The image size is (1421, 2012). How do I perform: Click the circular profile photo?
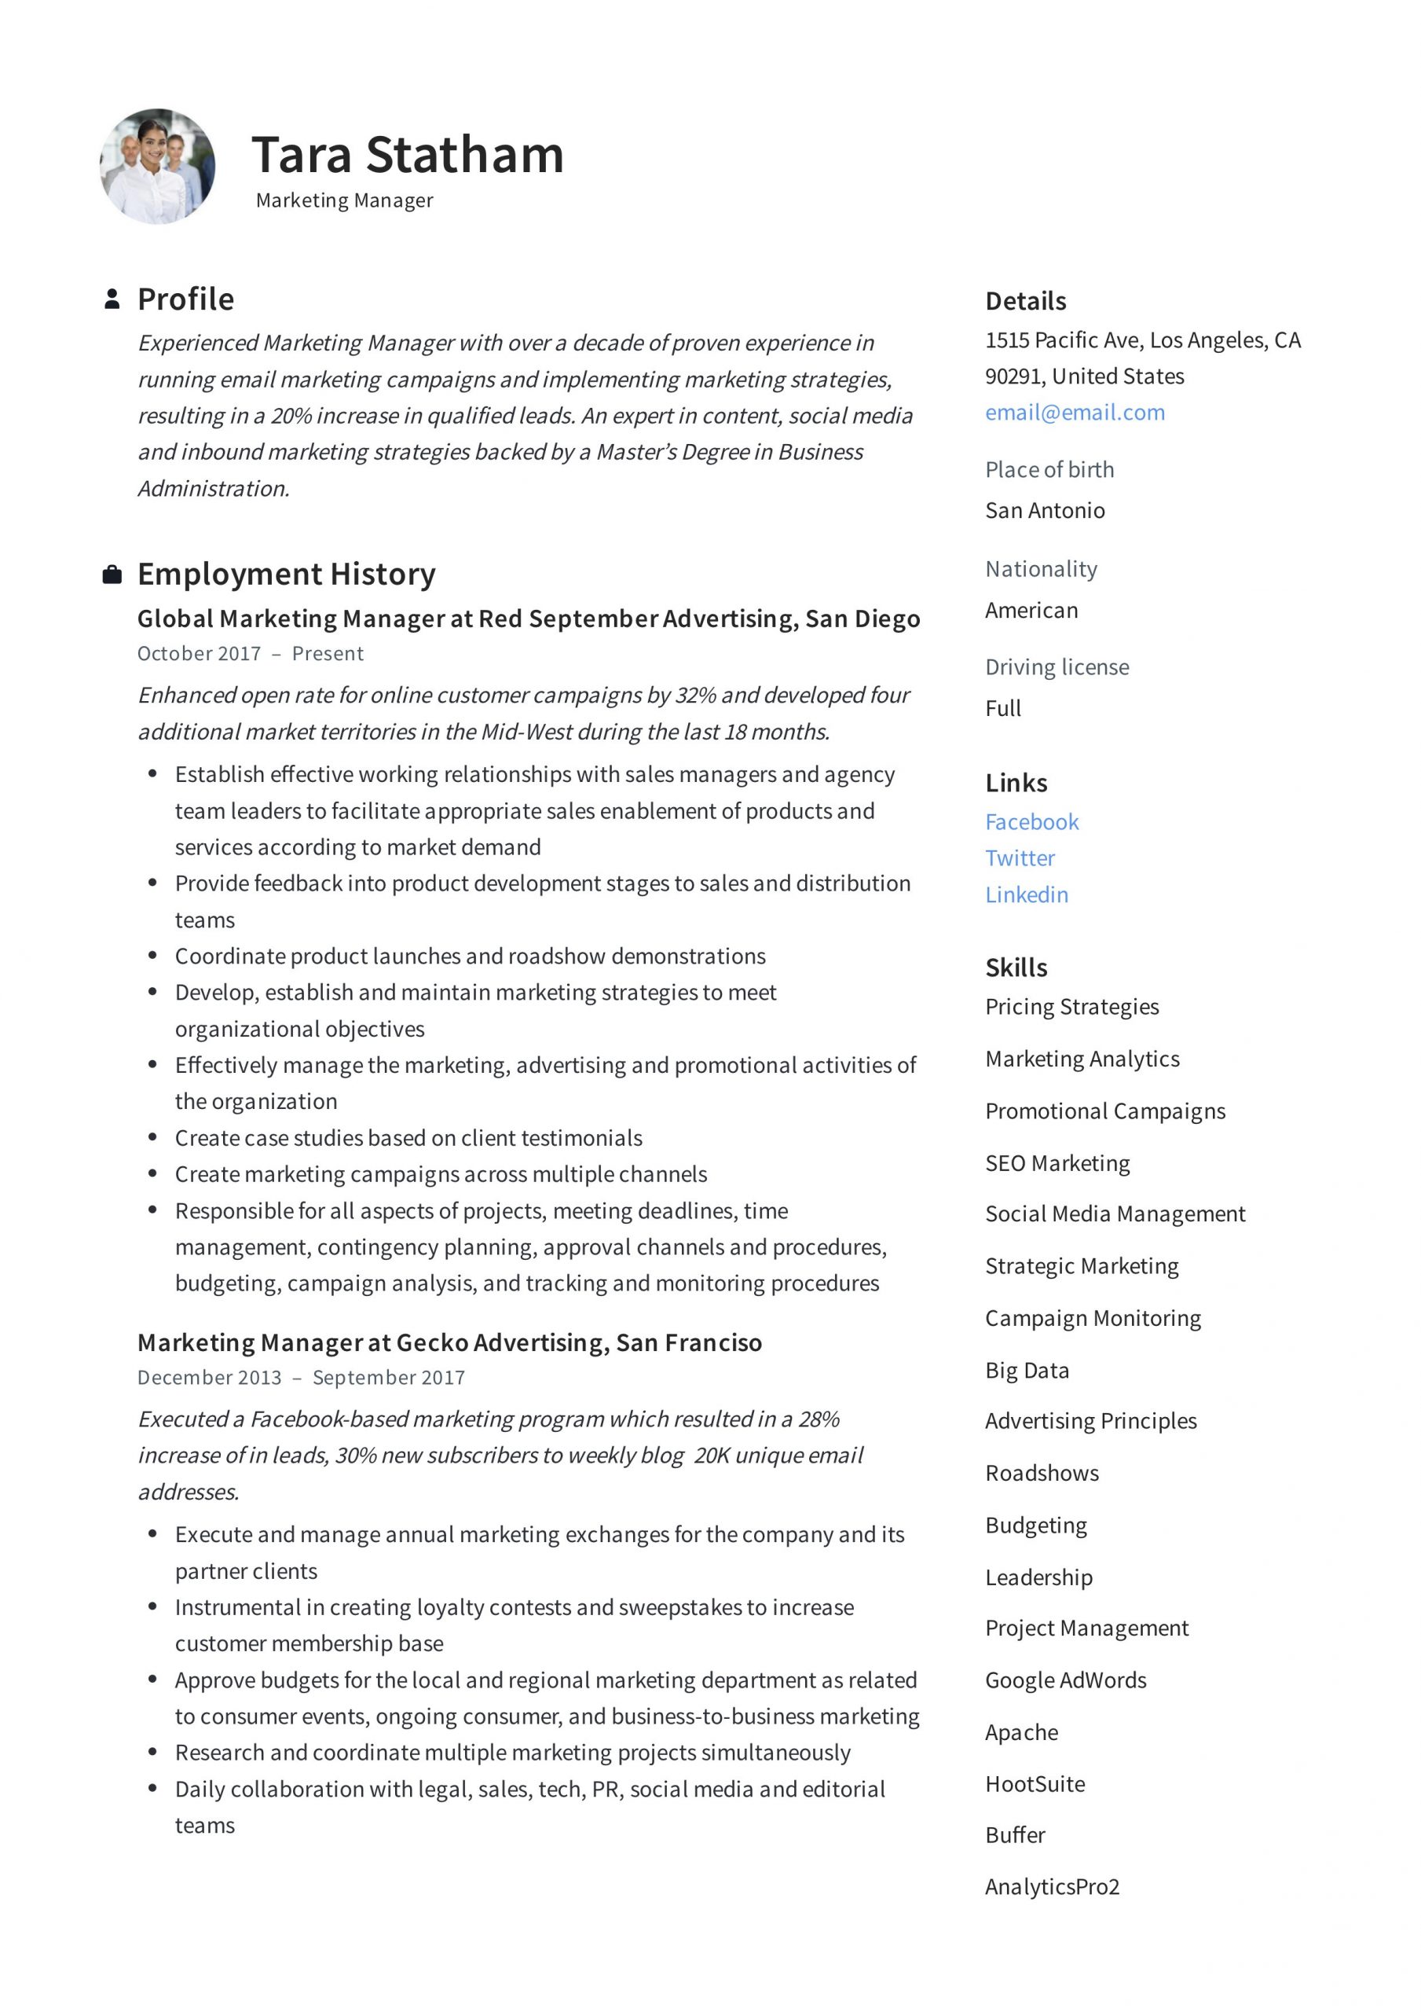coord(158,167)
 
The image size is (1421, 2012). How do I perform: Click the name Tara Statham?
coord(408,155)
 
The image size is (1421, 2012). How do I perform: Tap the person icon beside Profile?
coord(112,299)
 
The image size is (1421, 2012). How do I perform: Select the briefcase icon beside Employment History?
coord(112,575)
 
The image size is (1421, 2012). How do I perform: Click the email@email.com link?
coord(1075,413)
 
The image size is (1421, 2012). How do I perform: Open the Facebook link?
coord(1031,822)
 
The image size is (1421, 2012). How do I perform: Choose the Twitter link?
coord(1020,858)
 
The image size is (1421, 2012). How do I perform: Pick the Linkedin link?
coord(1026,894)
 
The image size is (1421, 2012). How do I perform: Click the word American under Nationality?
coord(1031,610)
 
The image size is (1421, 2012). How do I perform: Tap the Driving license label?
coord(1057,667)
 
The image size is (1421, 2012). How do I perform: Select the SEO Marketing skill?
coord(1057,1163)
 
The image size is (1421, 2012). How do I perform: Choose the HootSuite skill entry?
coord(1035,1784)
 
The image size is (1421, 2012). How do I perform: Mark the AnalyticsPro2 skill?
coord(1052,1887)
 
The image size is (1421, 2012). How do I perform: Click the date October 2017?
coord(199,654)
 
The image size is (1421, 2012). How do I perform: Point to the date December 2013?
coord(210,1378)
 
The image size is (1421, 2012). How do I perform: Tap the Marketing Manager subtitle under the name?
coord(344,200)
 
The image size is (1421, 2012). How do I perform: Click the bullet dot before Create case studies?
coord(152,1137)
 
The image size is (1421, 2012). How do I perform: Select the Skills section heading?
coord(1016,967)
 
